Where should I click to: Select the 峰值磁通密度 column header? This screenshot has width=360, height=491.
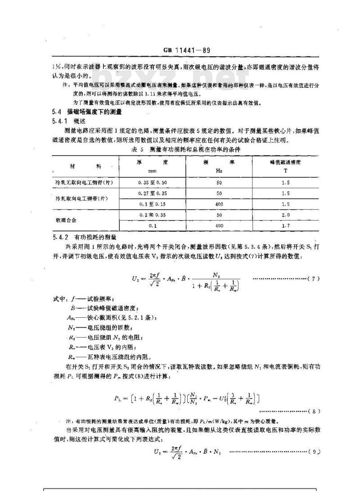tap(285, 162)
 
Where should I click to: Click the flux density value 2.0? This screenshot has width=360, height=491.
tap(285, 215)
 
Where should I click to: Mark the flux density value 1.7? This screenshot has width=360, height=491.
tap(285, 225)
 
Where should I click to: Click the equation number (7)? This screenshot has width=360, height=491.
tap(313, 279)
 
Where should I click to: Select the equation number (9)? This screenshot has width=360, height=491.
tap(313, 452)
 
